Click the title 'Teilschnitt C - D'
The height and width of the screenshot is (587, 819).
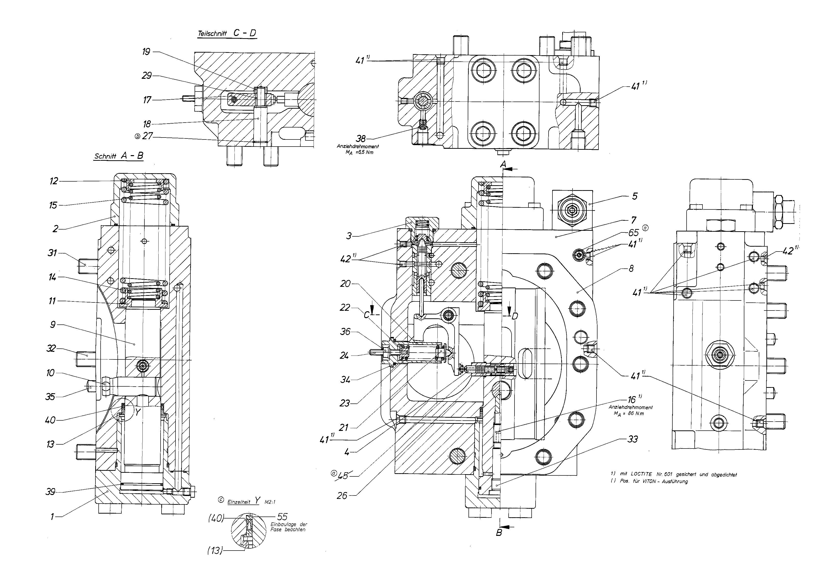pyautogui.click(x=227, y=33)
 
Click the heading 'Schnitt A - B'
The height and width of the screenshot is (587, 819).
pyautogui.click(x=118, y=156)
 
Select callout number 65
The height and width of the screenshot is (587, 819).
pyautogui.click(x=633, y=232)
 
